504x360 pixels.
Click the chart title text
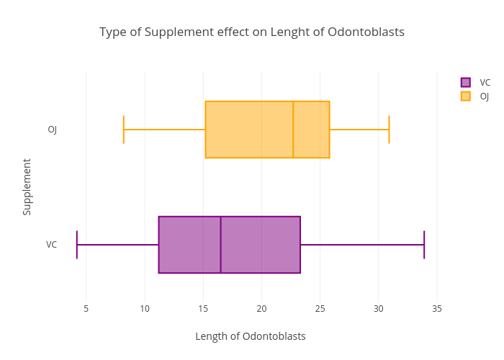252,32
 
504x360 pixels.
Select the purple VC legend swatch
466,82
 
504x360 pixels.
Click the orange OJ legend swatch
466,96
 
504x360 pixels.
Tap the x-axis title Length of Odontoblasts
251,336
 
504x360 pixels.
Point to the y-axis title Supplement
27,186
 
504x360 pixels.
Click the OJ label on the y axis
53,130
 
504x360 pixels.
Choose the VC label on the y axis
52,245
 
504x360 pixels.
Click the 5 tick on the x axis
86,309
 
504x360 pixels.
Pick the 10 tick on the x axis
145,309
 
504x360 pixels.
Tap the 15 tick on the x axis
203,309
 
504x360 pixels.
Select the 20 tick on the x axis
261,309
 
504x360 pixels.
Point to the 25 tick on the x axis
320,309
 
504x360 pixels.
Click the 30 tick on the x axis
379,309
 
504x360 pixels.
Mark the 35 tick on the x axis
437,309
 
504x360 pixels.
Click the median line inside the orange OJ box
293,130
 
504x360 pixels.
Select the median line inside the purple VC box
220,245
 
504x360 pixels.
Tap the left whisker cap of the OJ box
124,130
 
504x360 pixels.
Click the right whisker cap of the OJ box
389,130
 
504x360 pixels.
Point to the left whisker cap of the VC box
77,245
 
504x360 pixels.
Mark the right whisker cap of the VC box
424,245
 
